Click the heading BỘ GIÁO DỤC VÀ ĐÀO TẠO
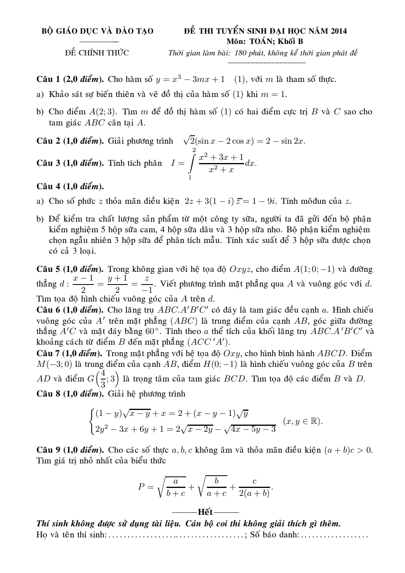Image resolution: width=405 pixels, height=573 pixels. (98, 31)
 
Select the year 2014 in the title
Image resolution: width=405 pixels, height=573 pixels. (339, 31)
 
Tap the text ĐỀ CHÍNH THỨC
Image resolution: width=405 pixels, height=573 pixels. (97, 53)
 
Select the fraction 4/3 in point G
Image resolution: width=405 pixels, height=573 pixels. (103, 379)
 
